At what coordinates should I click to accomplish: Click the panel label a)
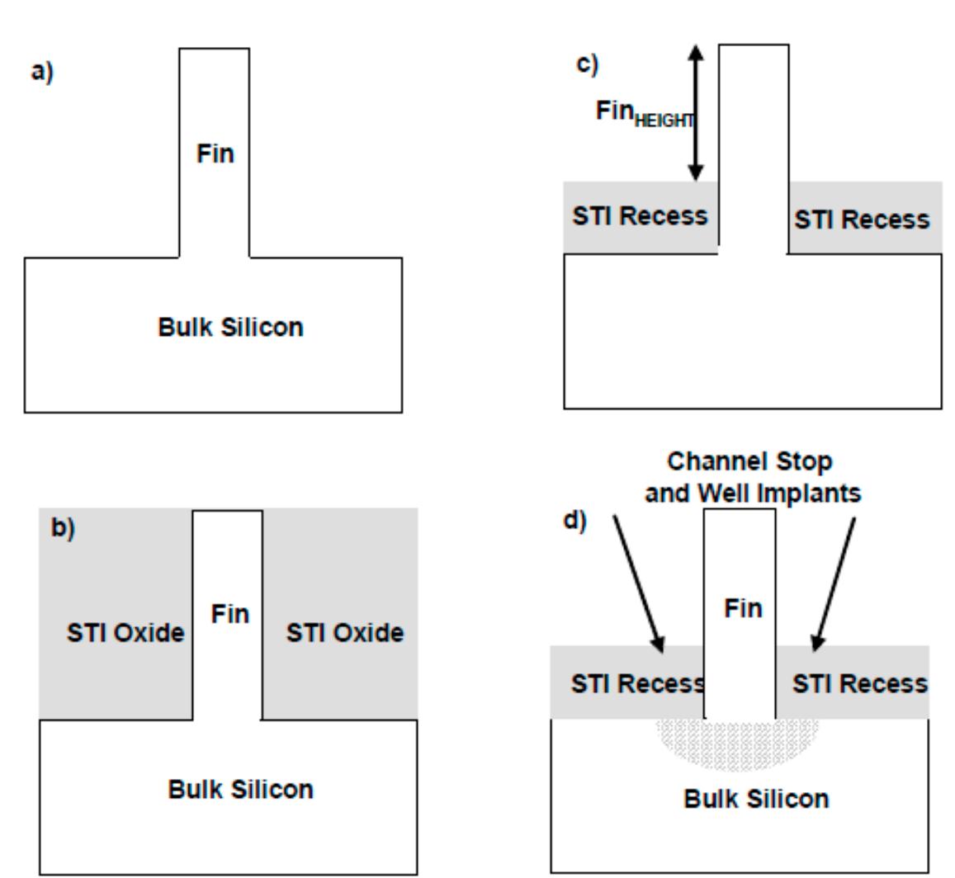41,72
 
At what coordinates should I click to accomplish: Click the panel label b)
63,529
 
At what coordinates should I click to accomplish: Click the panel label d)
575,522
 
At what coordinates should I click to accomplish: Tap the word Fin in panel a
215,153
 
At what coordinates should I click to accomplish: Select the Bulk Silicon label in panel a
230,328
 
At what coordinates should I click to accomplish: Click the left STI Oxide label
125,634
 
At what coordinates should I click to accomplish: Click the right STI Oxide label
345,634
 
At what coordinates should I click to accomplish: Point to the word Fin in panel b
229,615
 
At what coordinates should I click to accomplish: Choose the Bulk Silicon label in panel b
241,790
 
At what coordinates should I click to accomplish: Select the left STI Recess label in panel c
640,216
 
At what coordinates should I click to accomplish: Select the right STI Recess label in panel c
862,219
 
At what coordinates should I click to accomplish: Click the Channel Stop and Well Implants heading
752,477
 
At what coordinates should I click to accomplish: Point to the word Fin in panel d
743,609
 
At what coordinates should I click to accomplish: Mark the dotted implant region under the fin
739,743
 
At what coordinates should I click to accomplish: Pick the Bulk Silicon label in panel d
756,799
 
